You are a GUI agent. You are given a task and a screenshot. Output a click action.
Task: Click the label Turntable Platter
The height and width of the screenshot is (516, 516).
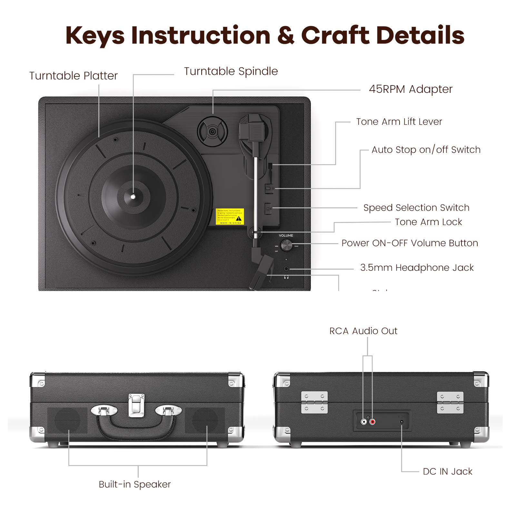pyautogui.click(x=74, y=76)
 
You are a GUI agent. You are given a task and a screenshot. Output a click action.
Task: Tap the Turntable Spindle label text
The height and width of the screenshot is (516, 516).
pyautogui.click(x=231, y=71)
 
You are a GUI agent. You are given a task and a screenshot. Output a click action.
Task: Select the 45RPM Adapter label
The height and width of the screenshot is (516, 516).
pyautogui.click(x=411, y=89)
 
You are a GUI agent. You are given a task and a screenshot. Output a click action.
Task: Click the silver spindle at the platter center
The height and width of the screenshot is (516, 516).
pyautogui.click(x=133, y=196)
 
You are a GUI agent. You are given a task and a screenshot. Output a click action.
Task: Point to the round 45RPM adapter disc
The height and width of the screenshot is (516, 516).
pyautogui.click(x=213, y=132)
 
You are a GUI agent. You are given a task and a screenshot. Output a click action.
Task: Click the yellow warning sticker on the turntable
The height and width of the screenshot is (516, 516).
pyautogui.click(x=230, y=216)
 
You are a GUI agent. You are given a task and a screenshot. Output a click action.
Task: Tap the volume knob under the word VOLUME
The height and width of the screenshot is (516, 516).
pyautogui.click(x=286, y=245)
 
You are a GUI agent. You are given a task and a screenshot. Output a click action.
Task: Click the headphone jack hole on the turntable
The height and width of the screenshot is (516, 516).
pyautogui.click(x=286, y=269)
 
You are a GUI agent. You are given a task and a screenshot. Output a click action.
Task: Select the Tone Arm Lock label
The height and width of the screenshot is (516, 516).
pyautogui.click(x=428, y=222)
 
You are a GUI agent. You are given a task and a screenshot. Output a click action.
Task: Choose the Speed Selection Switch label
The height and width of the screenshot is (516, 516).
pyautogui.click(x=416, y=208)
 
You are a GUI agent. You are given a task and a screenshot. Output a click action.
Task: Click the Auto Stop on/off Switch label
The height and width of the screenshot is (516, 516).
pyautogui.click(x=426, y=150)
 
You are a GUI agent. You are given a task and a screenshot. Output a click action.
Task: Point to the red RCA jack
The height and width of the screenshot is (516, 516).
pyautogui.click(x=372, y=422)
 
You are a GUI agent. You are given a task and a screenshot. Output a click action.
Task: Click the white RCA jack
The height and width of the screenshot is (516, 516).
pyautogui.click(x=364, y=422)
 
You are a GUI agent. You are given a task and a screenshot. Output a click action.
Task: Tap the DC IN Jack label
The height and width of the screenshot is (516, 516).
pyautogui.click(x=447, y=471)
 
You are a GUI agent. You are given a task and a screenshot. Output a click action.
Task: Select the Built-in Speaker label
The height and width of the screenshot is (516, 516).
pyautogui.click(x=135, y=484)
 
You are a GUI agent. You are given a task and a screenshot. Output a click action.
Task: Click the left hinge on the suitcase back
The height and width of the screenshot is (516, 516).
pyautogui.click(x=314, y=402)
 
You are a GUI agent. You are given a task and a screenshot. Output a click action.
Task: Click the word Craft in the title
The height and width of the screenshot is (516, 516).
pyautogui.click(x=335, y=35)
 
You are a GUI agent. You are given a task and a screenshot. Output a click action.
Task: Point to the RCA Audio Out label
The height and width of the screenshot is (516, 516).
pyautogui.click(x=363, y=331)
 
